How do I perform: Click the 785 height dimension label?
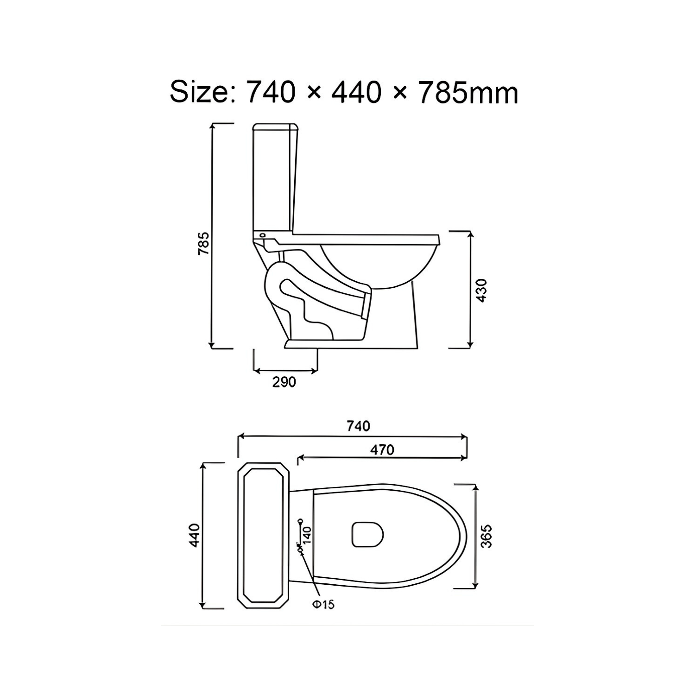pyautogui.click(x=204, y=243)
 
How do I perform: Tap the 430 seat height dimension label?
pyautogui.click(x=481, y=291)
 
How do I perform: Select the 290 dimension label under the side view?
pyautogui.click(x=284, y=382)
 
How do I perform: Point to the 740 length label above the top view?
pyautogui.click(x=358, y=426)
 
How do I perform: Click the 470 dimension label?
pyautogui.click(x=382, y=449)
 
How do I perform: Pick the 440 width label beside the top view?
pyautogui.click(x=194, y=535)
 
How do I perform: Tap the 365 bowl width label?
pyautogui.click(x=486, y=537)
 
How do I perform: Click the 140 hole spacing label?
pyautogui.click(x=307, y=535)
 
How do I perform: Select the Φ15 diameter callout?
pyautogui.click(x=323, y=604)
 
